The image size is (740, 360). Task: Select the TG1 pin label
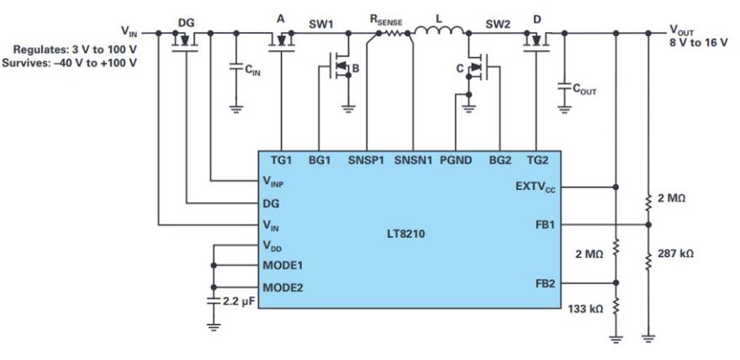tap(281, 161)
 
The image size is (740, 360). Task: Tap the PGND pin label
tap(456, 161)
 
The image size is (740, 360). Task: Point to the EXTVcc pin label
tap(535, 187)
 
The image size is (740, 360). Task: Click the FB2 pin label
tap(545, 284)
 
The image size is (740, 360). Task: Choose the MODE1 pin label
tap(283, 265)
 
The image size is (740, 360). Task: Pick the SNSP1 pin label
tap(366, 161)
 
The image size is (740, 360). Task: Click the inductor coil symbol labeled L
tap(440, 30)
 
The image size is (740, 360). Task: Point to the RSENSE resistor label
tap(386, 20)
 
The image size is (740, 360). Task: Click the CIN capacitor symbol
tap(236, 67)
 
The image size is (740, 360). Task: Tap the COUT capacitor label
tap(584, 90)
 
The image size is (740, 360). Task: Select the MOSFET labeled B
tap(338, 67)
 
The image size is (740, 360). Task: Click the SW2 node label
tap(498, 24)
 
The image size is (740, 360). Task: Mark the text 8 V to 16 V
tap(699, 42)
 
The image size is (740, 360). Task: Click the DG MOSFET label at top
tap(186, 23)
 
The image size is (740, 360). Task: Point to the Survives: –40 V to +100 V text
tap(69, 63)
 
